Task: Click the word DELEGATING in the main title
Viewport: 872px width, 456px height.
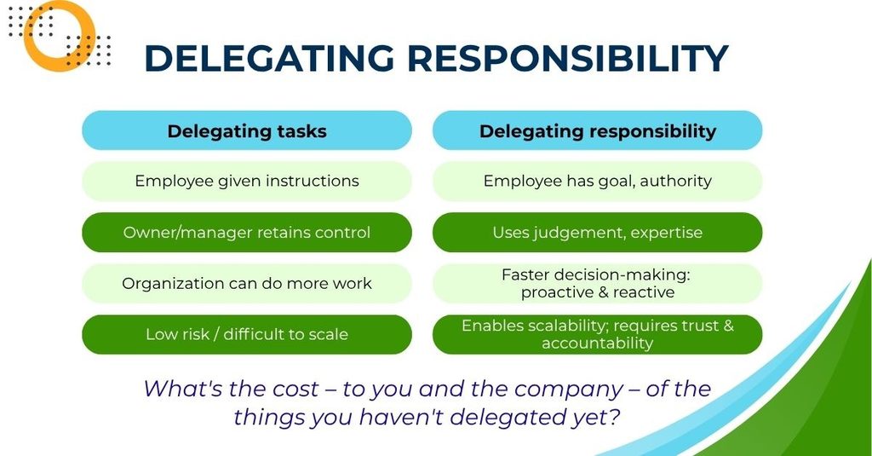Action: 268,58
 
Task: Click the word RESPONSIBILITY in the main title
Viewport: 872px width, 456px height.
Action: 568,58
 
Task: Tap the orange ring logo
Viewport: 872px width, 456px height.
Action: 59,35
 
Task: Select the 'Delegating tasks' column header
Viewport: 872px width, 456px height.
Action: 247,130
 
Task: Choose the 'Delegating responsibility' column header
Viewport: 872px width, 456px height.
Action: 597,130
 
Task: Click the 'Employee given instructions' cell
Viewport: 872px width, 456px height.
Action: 247,181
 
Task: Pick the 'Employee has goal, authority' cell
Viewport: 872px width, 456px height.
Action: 597,181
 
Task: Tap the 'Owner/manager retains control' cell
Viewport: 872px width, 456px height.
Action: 247,232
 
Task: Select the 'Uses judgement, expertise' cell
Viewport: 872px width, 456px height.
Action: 597,232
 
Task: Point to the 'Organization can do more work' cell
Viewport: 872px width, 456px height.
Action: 247,283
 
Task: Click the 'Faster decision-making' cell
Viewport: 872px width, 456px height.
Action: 597,283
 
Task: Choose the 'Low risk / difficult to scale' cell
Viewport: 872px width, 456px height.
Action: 247,335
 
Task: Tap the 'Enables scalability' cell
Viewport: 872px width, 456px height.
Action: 597,335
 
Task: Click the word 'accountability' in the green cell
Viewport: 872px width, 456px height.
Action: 597,343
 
